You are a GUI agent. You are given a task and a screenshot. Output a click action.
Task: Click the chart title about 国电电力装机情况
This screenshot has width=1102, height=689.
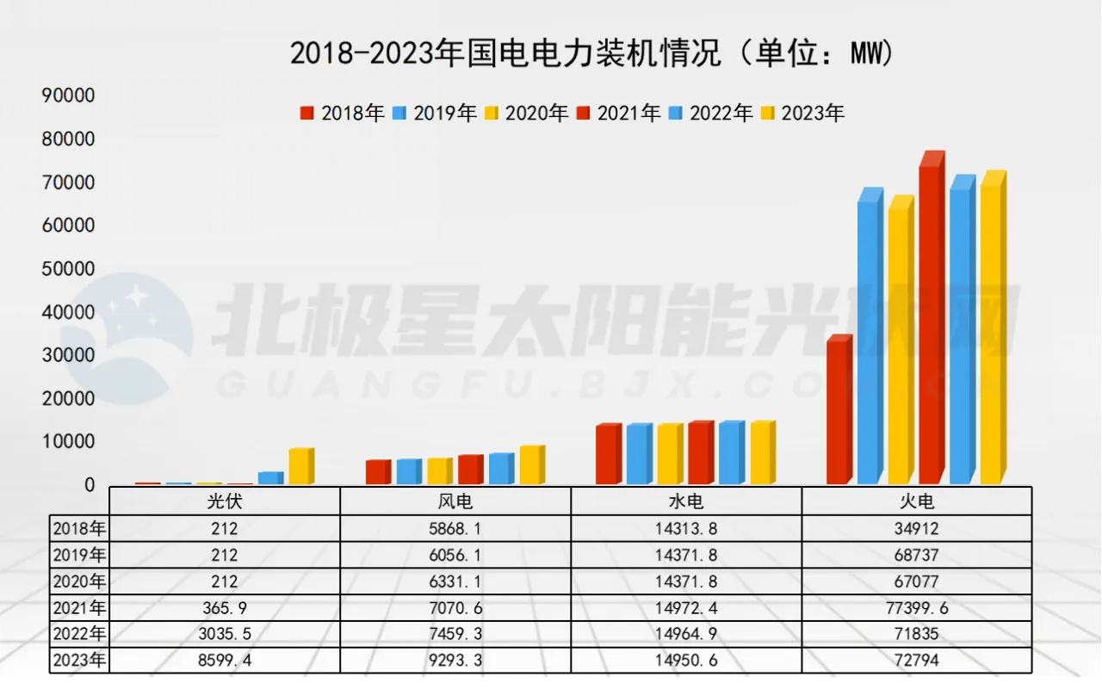click(x=592, y=53)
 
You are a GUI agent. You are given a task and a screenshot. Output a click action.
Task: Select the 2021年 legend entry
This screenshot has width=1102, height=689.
click(x=618, y=113)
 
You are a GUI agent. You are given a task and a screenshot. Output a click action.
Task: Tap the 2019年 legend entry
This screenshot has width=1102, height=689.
click(x=435, y=113)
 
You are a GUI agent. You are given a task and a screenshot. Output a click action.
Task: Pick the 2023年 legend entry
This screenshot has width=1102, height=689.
click(x=802, y=113)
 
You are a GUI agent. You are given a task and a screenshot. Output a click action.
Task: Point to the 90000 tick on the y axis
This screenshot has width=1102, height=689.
click(x=68, y=95)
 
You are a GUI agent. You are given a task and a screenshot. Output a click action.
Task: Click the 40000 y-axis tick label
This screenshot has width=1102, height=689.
click(x=68, y=312)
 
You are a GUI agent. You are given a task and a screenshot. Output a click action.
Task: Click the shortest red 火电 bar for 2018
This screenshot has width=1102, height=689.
click(x=838, y=411)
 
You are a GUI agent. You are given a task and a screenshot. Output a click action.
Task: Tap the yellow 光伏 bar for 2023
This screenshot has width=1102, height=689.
click(x=300, y=466)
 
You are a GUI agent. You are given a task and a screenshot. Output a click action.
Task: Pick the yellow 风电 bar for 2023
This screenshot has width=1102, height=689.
click(x=530, y=464)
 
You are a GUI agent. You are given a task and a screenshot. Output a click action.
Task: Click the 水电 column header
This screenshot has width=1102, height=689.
click(x=686, y=501)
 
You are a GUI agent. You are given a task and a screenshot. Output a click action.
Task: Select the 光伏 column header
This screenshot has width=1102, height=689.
click(x=225, y=501)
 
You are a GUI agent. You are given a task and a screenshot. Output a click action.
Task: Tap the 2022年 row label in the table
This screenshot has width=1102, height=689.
click(x=79, y=635)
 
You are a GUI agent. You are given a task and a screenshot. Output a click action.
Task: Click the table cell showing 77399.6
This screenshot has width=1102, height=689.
click(x=916, y=608)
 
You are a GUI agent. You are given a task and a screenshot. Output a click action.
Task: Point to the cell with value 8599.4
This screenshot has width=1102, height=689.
click(x=225, y=661)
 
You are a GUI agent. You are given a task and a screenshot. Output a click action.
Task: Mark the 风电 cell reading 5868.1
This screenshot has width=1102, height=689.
click(x=455, y=528)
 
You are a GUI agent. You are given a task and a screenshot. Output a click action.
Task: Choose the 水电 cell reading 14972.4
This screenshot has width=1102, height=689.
click(x=686, y=608)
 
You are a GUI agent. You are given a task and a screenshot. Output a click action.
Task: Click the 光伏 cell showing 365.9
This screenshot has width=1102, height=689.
click(x=225, y=608)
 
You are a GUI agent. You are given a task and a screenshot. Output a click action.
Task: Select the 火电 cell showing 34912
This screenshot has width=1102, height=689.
click(x=916, y=528)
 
